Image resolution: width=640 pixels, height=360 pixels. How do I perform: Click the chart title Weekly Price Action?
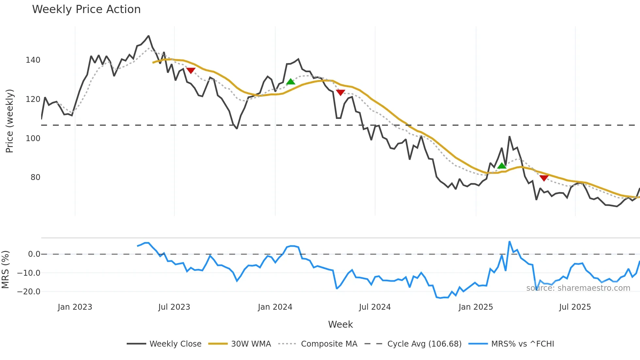(86, 9)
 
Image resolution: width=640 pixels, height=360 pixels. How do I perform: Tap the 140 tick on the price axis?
(33, 60)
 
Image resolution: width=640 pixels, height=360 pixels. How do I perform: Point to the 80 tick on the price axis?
(35, 177)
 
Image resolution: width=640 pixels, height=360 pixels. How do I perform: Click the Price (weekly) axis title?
(9, 121)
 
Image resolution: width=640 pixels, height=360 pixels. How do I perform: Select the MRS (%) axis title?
(5, 270)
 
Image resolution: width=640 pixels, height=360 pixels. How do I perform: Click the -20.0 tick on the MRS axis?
(29, 292)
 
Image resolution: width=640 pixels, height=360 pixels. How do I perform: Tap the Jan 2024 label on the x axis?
(275, 307)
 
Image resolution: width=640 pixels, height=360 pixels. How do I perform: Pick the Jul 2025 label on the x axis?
(575, 307)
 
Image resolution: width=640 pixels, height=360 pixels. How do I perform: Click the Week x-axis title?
(340, 324)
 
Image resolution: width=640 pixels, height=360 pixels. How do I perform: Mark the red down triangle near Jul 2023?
(191, 70)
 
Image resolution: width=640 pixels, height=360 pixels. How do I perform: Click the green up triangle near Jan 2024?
(291, 82)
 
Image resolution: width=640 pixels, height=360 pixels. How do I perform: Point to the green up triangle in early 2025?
(502, 166)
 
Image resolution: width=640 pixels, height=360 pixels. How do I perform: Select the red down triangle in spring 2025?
(544, 178)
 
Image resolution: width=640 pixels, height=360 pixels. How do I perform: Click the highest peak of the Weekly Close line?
(149, 36)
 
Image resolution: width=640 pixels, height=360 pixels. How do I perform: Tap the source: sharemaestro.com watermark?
(578, 288)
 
